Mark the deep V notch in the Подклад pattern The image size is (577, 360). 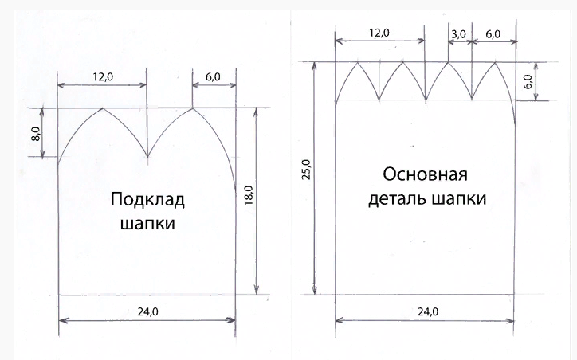point(147,156)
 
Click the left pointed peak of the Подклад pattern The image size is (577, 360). point(103,108)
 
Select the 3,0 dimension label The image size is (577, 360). point(459,34)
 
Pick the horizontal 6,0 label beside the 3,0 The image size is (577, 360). point(493,34)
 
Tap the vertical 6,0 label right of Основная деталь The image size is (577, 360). point(528,81)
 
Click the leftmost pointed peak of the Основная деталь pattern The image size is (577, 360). point(357,62)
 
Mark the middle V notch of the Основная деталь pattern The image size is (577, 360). point(425,100)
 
